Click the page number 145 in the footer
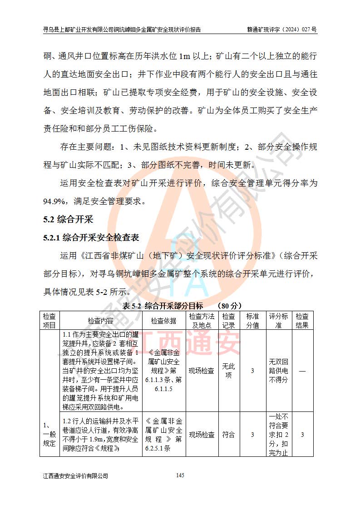pyautogui.click(x=180, y=475)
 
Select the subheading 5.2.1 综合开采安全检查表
pyautogui.click(x=91, y=237)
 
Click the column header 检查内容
pyautogui.click(x=101, y=321)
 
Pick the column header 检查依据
pyautogui.click(x=163, y=321)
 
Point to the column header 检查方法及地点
pyautogui.click(x=201, y=321)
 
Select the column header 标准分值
pyautogui.click(x=252, y=321)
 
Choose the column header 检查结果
pyautogui.click(x=302, y=321)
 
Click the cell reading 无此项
pyautogui.click(x=228, y=371)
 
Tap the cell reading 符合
pyautogui.click(x=228, y=435)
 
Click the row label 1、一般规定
pyautogui.click(x=49, y=435)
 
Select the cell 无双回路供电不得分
pyautogui.click(x=278, y=371)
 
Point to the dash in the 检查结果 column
pyautogui.click(x=302, y=371)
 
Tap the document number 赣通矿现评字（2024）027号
pyautogui.click(x=282, y=29)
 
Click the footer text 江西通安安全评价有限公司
pyautogui.click(x=76, y=476)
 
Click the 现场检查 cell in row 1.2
pyautogui.click(x=201, y=435)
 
